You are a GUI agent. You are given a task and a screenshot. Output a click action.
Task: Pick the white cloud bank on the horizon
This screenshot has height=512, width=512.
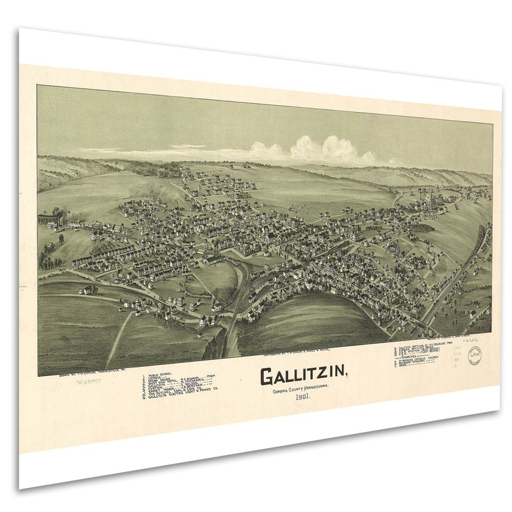[316, 150]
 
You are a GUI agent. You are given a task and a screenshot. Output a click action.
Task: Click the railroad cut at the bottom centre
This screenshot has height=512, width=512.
[225, 335]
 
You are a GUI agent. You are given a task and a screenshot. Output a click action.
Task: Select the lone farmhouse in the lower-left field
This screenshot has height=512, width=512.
[86, 290]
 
